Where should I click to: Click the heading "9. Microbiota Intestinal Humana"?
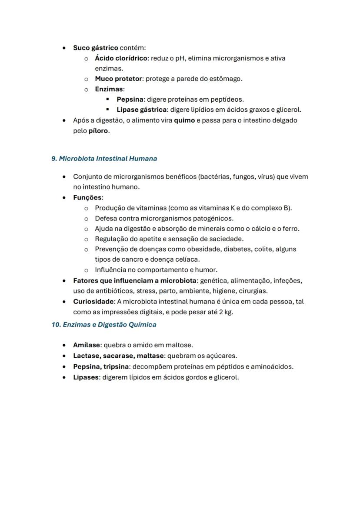104,159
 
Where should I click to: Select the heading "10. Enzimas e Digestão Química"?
104,325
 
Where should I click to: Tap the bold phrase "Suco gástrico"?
95,48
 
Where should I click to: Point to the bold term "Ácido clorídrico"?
121,58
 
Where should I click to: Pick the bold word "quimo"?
184,120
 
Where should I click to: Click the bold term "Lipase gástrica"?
142,110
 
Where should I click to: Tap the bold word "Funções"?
87,198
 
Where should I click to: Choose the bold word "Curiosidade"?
93,302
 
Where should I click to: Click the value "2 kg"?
226,312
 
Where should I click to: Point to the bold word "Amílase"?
87,345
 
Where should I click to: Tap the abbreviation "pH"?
180,58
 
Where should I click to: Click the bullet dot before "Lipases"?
64,377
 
